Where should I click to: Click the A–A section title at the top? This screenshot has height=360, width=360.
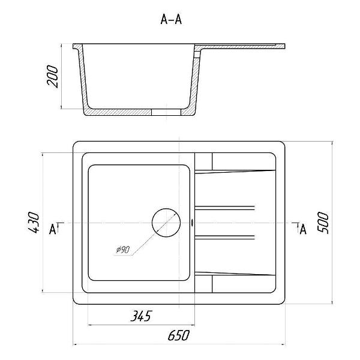(171, 19)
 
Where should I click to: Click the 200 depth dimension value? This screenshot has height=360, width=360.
(53, 76)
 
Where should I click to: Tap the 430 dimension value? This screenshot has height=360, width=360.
(34, 222)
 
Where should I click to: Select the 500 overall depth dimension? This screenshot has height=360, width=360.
(323, 223)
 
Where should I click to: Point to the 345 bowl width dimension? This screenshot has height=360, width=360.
(141, 316)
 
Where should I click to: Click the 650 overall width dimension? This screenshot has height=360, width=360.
(179, 335)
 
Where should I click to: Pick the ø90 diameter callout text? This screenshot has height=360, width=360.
(123, 250)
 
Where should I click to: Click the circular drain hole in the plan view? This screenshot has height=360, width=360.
(166, 223)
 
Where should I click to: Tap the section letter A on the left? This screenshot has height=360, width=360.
(53, 229)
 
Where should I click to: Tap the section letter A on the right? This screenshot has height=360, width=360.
(303, 229)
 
